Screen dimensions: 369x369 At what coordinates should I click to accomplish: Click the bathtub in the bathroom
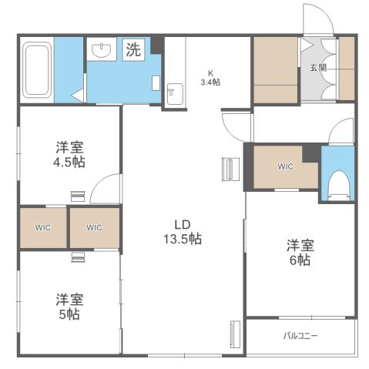[37, 70]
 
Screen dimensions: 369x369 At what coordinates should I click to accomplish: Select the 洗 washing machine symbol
[133, 51]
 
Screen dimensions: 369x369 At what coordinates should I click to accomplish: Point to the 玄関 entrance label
[318, 68]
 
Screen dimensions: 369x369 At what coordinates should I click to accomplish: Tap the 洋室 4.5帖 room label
[69, 154]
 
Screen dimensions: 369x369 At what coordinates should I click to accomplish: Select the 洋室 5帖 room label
[69, 307]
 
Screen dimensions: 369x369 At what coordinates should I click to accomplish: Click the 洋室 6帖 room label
[300, 253]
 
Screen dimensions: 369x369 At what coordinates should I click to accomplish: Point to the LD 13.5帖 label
[183, 231]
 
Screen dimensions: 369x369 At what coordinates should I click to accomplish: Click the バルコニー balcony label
[300, 336]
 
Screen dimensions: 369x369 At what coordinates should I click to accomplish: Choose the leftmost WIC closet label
[42, 227]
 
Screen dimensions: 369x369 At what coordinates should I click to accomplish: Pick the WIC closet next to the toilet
[286, 166]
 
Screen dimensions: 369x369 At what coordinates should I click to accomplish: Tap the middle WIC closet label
[94, 227]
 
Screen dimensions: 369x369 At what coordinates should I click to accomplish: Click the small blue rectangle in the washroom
[156, 82]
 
